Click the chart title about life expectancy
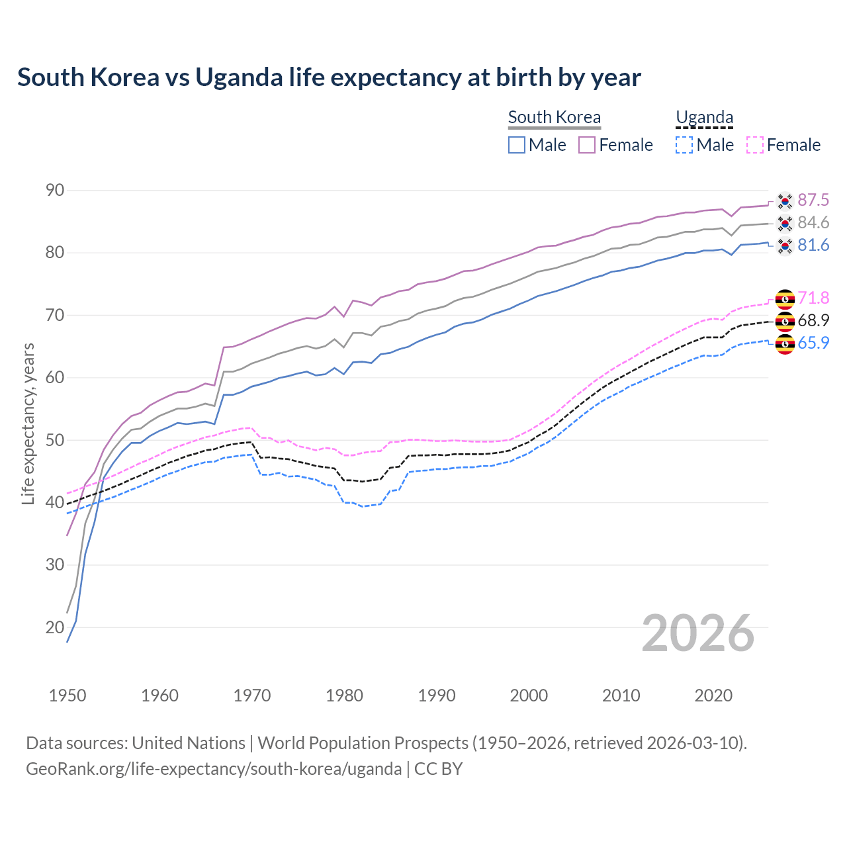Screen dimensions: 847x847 pos(329,77)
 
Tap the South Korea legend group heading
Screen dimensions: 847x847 pos(554,117)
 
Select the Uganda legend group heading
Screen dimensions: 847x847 pos(704,117)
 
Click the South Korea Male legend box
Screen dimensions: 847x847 pos(517,145)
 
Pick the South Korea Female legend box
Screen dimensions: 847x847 pos(587,145)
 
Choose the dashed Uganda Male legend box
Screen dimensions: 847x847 pos(684,145)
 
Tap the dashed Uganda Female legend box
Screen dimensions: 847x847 pos(755,145)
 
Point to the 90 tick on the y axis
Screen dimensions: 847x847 pos(55,191)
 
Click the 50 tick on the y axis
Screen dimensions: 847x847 pos(55,440)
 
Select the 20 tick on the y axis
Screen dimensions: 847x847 pos(55,627)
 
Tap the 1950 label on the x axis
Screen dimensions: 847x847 pos(67,695)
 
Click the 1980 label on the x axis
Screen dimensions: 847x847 pos(344,695)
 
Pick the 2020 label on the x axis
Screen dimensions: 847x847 pos(713,695)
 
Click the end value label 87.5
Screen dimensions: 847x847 pos(813,201)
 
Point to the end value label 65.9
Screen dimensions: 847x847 pos(813,343)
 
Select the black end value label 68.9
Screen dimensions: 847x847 pos(813,321)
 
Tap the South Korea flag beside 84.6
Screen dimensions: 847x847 pos(785,223)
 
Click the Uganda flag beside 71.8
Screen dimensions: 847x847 pos(785,299)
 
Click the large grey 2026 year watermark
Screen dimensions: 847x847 pos(698,633)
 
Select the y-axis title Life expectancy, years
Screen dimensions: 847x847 pos(28,423)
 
